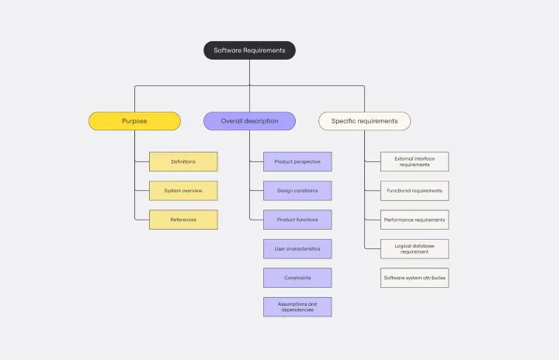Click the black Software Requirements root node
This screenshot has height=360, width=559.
(249, 50)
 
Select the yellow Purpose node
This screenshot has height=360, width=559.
(134, 121)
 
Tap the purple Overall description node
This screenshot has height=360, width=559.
(249, 121)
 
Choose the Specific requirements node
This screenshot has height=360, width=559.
(364, 121)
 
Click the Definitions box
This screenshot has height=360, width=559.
(183, 161)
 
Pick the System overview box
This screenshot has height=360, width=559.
(183, 191)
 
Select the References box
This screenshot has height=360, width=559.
(183, 220)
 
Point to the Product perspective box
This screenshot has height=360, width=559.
(297, 161)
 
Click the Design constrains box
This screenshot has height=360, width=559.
(297, 191)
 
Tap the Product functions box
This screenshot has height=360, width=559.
(297, 220)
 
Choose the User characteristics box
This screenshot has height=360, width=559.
(297, 249)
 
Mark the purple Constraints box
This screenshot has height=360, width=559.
(297, 278)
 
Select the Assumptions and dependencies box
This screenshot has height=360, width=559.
(297, 306)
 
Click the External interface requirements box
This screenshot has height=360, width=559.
(415, 161)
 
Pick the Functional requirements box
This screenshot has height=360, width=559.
(415, 191)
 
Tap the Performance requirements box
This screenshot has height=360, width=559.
(415, 220)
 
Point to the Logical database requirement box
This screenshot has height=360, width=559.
(415, 249)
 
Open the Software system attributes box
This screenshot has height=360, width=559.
(415, 278)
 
